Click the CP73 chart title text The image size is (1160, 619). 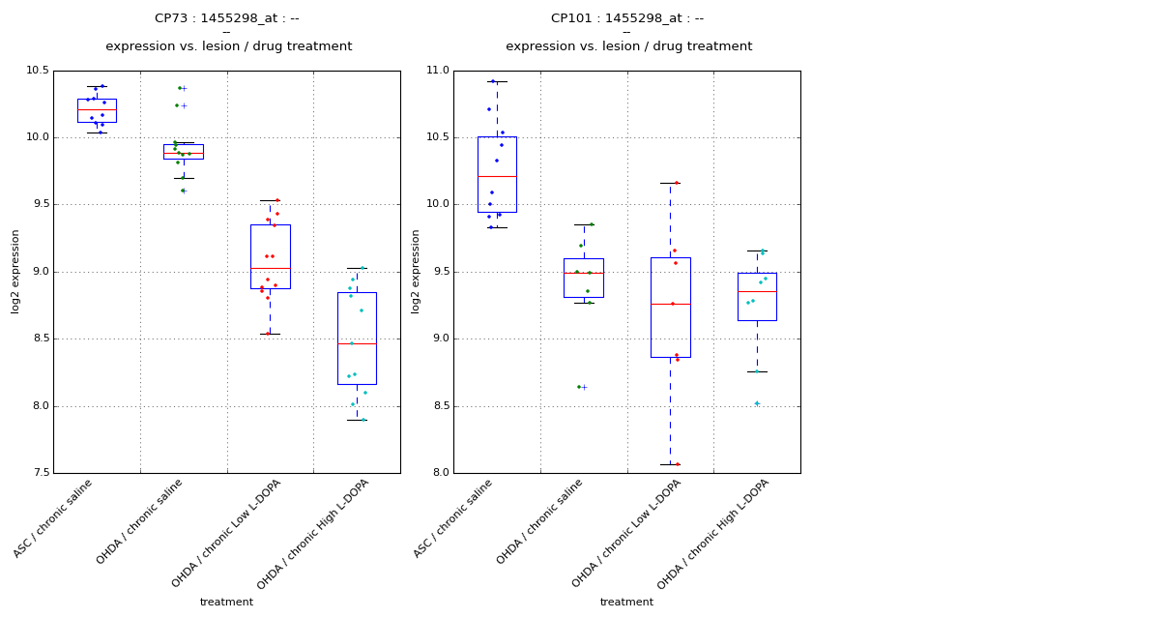coord(227,18)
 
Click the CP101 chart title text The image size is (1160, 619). coord(627,18)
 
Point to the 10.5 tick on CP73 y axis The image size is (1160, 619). coord(38,71)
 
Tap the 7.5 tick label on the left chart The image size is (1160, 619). coord(41,473)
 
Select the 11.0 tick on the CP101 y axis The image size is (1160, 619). coord(438,71)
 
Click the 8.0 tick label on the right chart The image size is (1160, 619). coord(441,473)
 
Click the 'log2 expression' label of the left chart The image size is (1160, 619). coord(15,271)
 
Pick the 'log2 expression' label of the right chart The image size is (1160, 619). coord(416,271)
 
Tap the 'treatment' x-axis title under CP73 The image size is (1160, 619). coord(226,602)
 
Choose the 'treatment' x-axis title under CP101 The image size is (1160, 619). coord(626,602)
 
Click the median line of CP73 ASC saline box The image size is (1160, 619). coord(97,110)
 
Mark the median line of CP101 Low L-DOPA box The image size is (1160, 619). coord(670,304)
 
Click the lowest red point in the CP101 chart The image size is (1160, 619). coord(677,464)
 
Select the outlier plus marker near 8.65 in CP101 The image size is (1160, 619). coord(584,387)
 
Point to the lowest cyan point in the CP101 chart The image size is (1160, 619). coord(757,403)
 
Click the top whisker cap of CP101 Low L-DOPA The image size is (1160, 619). coord(670,183)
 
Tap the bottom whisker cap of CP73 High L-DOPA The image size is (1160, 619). coord(357,420)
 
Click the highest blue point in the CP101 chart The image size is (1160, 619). coord(493,81)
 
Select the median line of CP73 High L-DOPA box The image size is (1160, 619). coord(357,343)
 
